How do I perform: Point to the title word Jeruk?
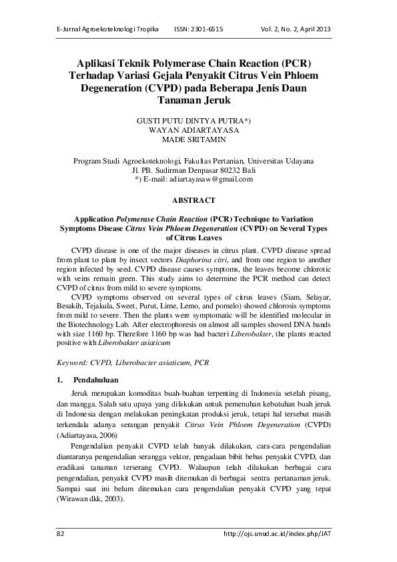click(213, 100)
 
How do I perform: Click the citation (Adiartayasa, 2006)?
click(89, 435)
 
